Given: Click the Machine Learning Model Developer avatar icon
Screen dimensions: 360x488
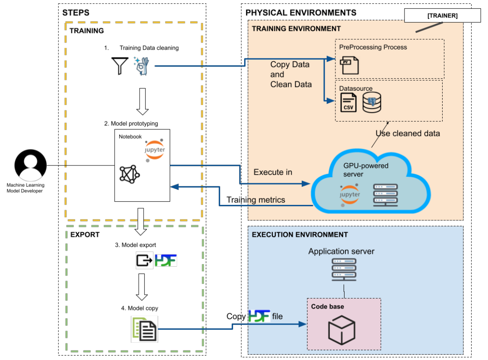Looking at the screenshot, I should coord(30,166).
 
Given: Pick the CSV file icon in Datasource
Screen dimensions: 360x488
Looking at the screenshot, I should coord(348,103).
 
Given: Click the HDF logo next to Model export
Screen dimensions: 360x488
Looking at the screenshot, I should coord(166,260).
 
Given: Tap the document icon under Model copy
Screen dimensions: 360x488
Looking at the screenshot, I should coord(144,329).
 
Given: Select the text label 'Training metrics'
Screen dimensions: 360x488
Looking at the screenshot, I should coord(256,200).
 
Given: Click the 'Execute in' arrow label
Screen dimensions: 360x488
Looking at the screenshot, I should coord(273,172).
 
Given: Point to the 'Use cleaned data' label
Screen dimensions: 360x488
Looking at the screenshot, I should coord(408,134).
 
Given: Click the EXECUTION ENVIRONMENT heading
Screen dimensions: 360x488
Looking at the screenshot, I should coord(300,235).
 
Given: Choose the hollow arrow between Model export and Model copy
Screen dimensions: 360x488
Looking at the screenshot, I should coord(142,286).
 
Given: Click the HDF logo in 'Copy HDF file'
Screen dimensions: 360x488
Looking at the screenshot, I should coord(259,316).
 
